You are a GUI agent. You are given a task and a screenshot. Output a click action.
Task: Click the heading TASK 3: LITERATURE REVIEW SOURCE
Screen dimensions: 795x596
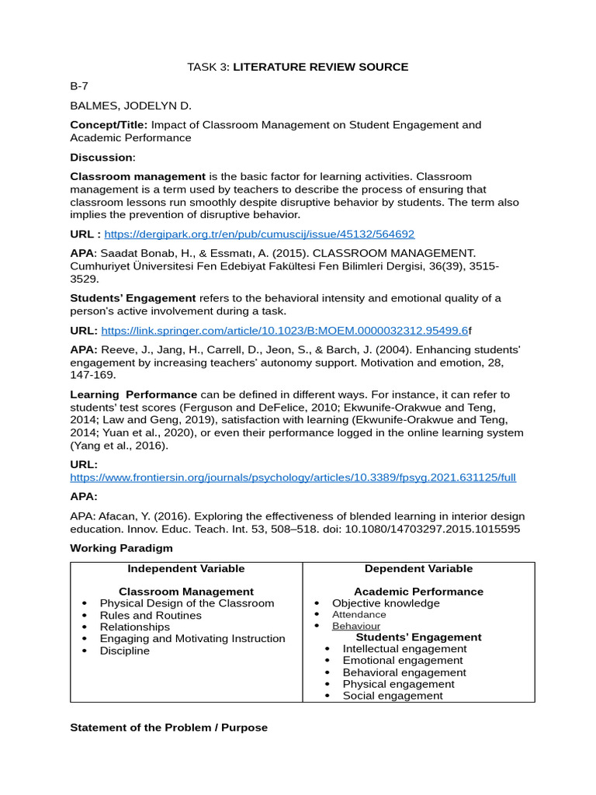297,67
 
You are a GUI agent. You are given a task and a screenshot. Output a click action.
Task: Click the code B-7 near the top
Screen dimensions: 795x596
79,86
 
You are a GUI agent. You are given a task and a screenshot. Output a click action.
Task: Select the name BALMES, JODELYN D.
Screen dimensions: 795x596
130,106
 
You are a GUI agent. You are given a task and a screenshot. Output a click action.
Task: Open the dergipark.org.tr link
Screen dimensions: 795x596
259,234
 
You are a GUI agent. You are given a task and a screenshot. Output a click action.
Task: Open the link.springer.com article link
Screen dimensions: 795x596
286,330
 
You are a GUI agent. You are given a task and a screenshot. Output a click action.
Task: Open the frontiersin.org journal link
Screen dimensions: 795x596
293,477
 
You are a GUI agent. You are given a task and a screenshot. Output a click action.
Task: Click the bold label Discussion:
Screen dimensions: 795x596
102,157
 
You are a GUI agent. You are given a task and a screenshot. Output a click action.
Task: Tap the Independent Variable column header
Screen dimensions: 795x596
185,568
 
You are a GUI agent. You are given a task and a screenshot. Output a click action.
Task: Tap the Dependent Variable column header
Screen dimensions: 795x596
418,568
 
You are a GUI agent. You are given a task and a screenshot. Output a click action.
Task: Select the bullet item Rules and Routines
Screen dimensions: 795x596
151,615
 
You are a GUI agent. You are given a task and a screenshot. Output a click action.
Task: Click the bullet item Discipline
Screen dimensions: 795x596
124,651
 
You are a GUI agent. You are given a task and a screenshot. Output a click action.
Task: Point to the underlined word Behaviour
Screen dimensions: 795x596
356,626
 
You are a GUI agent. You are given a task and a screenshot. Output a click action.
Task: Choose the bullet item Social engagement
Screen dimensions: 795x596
393,696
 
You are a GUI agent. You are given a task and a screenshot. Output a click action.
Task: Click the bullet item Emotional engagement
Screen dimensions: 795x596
403,661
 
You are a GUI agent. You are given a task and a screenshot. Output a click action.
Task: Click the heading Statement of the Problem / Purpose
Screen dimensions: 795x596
168,727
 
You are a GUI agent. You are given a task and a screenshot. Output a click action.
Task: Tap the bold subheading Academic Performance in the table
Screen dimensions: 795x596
418,592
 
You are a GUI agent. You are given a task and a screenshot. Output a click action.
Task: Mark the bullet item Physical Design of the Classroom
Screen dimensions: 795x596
187,603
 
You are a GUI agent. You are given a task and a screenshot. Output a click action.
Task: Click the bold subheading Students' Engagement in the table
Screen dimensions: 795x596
418,637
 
